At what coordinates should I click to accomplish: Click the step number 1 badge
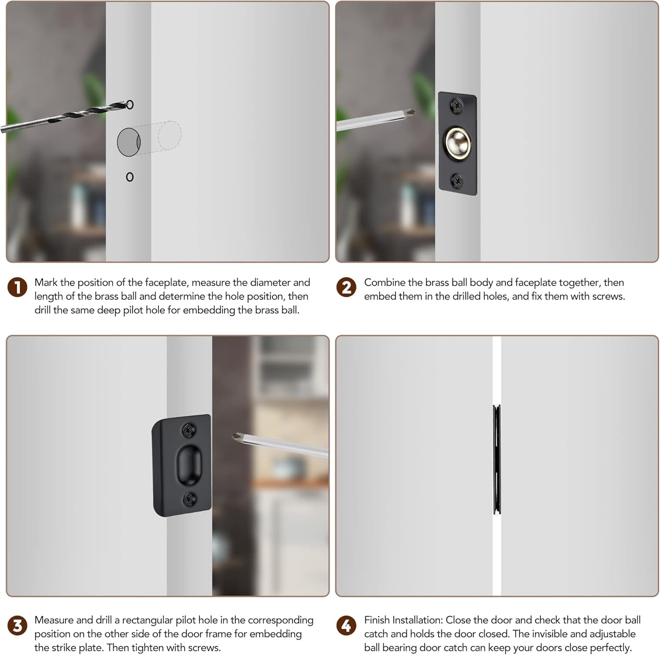coord(18,288)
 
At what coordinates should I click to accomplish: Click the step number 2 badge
coord(346,288)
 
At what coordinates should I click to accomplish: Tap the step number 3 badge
coord(18,626)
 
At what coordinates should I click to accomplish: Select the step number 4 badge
coord(346,626)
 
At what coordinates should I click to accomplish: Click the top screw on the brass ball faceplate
coord(456,105)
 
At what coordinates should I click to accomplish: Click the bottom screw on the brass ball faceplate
coord(457,180)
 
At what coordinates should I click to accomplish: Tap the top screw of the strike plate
coord(189,430)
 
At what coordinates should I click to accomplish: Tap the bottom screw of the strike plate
coord(190,499)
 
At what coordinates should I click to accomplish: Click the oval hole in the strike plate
coord(189,464)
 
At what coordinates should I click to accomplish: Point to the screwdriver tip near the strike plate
coord(237,437)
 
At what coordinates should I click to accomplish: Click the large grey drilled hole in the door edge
coord(128,142)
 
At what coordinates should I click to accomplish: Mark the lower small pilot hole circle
coord(130,177)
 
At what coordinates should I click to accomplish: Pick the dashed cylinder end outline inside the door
coord(169,136)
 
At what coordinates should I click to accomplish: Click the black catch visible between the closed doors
coord(497,459)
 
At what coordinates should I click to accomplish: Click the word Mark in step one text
coord(46,282)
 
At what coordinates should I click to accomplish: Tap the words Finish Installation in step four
coord(404,620)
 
